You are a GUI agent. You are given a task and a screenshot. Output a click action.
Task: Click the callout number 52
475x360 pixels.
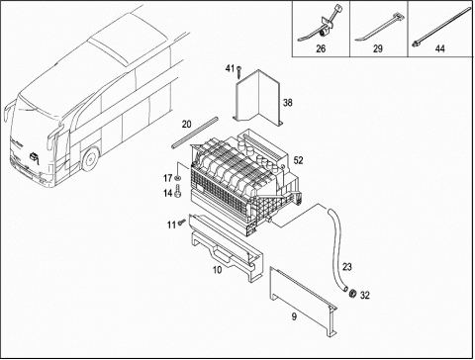[298, 160]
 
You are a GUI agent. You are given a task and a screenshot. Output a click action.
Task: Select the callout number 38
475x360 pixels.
[288, 103]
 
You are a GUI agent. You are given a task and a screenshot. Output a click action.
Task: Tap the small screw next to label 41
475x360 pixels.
[238, 71]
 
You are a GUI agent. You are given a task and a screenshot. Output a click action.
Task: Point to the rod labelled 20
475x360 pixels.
[195, 133]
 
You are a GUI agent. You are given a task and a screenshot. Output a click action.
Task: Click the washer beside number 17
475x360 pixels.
[178, 178]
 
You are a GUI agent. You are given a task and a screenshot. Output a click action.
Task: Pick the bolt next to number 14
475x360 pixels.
[178, 192]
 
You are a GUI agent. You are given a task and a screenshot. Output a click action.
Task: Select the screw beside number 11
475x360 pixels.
[182, 223]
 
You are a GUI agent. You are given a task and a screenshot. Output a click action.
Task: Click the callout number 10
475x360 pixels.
[218, 270]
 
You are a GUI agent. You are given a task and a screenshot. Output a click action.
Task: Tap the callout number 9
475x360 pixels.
[294, 316]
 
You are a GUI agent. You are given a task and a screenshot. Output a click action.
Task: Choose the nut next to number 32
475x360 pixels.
[353, 293]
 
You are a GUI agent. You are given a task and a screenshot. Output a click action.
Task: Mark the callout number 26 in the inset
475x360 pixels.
[321, 48]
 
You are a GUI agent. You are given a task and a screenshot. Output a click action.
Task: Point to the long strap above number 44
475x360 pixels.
[442, 27]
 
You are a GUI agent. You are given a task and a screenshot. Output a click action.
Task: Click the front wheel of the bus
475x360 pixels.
[90, 159]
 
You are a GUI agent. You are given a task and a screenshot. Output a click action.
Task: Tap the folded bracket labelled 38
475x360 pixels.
[259, 97]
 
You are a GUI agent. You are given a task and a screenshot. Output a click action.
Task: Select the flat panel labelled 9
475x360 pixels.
[302, 302]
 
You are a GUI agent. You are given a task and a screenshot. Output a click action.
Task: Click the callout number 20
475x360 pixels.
[187, 125]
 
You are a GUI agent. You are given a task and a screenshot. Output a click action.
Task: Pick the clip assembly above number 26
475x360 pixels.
[320, 28]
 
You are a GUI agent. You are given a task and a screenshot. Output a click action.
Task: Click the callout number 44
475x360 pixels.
[440, 48]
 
